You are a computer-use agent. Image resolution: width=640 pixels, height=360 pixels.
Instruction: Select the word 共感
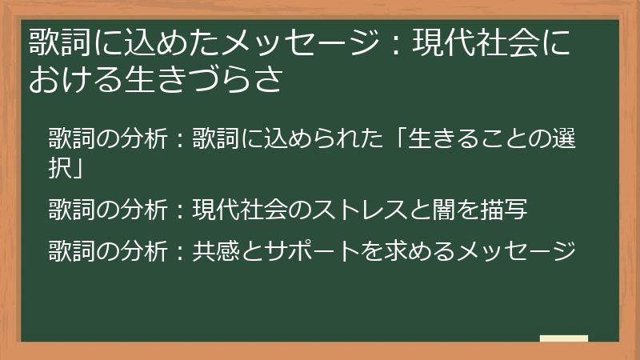pos(214,251)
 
